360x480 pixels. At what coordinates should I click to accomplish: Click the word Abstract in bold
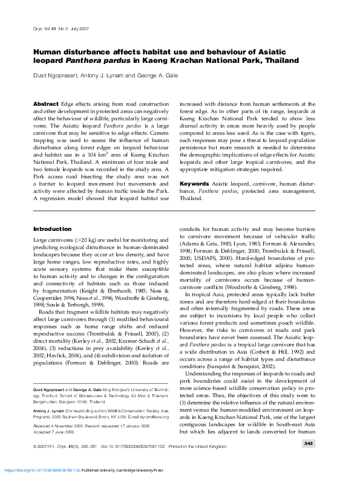pos(45,104)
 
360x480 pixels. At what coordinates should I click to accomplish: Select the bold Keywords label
pos(194,183)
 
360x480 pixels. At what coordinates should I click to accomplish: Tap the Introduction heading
pos(52,229)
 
